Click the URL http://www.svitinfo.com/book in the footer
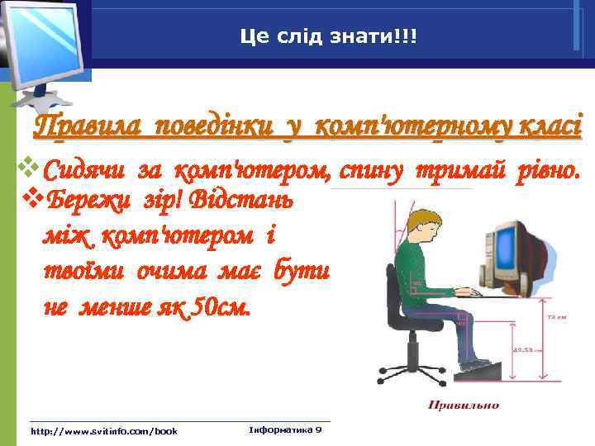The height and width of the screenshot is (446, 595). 103,431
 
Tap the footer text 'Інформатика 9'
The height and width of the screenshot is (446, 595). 285,430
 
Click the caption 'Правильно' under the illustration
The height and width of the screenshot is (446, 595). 463,405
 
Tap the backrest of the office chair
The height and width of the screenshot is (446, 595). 390,290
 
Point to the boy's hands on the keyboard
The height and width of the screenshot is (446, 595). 467,292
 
